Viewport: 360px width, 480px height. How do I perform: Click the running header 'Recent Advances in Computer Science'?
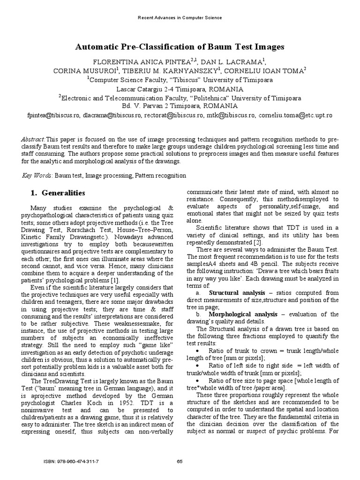[180, 18]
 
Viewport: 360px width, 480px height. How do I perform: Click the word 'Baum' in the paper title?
[218, 47]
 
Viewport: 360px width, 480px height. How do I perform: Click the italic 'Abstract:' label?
[34, 140]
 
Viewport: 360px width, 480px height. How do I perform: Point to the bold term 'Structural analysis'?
[237, 293]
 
